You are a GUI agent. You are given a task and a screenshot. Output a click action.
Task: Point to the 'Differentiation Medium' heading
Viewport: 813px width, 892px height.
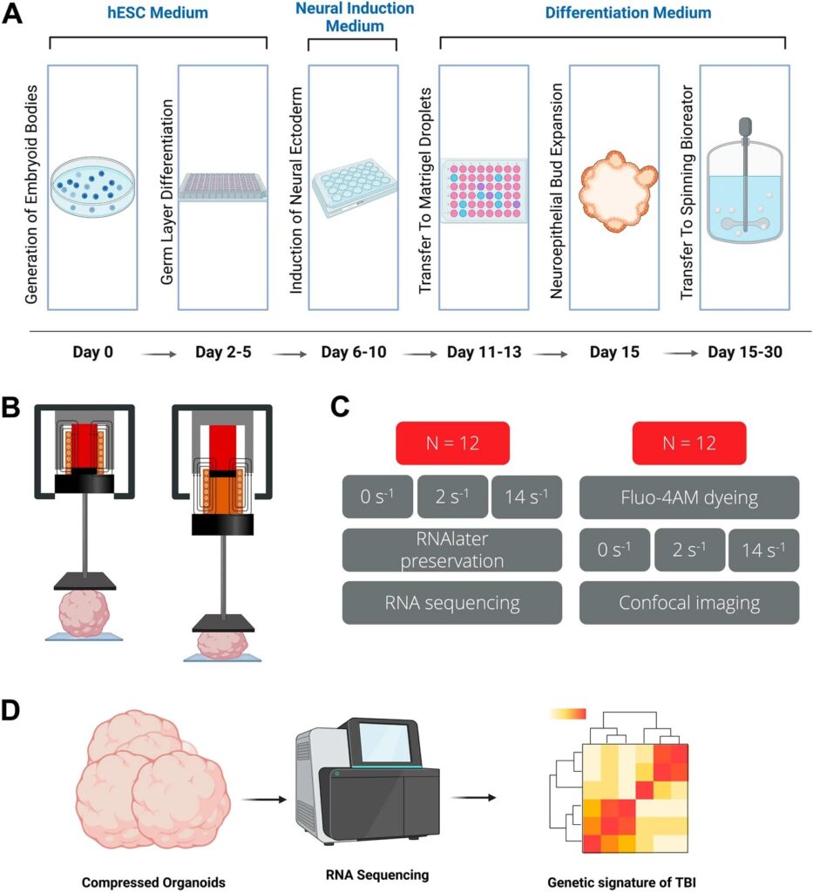coord(627,13)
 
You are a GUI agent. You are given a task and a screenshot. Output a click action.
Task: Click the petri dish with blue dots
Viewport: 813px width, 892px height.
coord(92,185)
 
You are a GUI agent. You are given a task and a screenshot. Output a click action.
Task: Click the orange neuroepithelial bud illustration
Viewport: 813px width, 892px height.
coord(615,188)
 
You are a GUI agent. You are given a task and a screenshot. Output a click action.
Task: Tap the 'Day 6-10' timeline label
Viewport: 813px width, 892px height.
coord(353,353)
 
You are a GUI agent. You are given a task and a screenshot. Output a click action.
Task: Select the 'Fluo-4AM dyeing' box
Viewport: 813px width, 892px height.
coord(688,497)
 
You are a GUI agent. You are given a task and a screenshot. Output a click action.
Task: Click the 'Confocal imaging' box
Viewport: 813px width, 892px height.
coord(688,602)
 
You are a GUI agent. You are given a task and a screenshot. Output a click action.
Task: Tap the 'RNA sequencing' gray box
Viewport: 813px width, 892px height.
coord(451,602)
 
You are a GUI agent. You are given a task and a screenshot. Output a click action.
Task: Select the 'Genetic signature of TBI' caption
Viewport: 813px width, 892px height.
coord(620,882)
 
